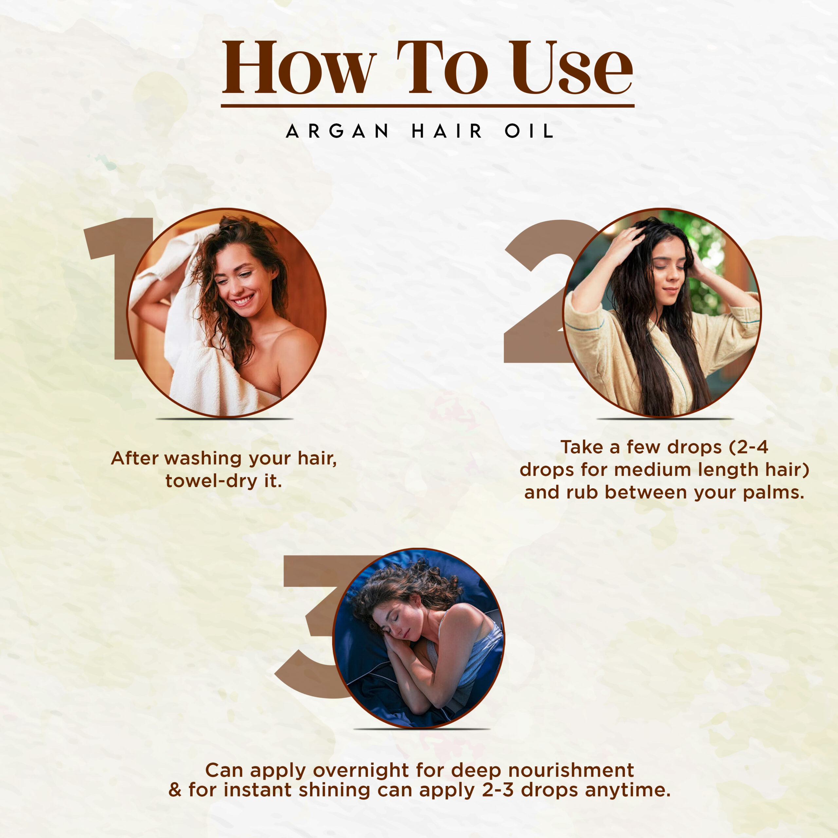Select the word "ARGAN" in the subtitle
pyautogui.click(x=337, y=131)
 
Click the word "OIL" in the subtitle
pyautogui.click(x=529, y=131)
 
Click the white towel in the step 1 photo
pyautogui.click(x=195, y=338)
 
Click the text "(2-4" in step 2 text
pyautogui.click(x=749, y=447)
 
